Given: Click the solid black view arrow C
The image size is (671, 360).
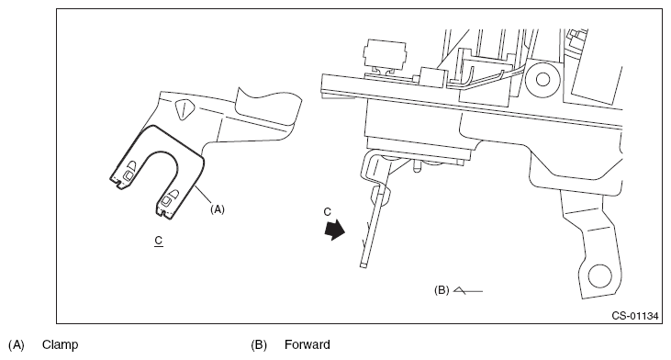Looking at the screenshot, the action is pos(335,230).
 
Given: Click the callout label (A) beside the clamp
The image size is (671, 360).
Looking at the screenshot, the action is pos(218,209).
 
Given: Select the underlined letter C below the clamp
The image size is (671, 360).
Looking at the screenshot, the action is pos(159,241).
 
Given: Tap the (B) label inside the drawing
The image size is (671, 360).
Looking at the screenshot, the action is pos(442,290).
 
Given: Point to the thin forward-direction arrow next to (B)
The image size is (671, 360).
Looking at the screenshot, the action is pos(468,290).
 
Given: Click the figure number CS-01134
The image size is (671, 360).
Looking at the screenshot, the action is pos(634,316).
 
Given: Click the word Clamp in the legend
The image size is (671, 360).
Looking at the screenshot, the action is pos(60,344).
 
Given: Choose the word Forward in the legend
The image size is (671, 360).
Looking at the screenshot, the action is pos(308,344).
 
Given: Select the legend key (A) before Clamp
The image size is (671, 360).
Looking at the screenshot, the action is pos(17,344).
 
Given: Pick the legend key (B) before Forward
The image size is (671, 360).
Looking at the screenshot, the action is pos(259,344).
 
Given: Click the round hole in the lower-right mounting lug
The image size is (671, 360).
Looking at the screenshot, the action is pos(599,276).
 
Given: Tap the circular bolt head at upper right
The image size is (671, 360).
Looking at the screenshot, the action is pos(542,79).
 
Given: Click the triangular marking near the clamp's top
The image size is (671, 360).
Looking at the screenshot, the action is pos(183,109).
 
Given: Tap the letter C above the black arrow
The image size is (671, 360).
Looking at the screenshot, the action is pos(328,212).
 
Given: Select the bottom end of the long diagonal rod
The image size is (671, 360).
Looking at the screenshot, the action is pos(363,265).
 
